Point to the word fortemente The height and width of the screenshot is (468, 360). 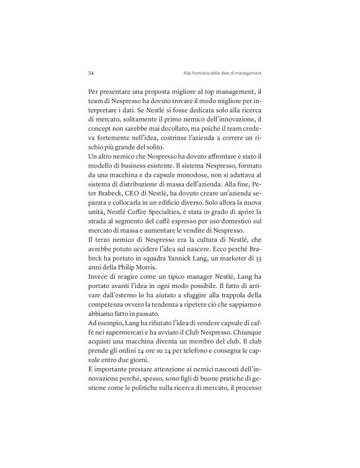pos(121,137)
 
